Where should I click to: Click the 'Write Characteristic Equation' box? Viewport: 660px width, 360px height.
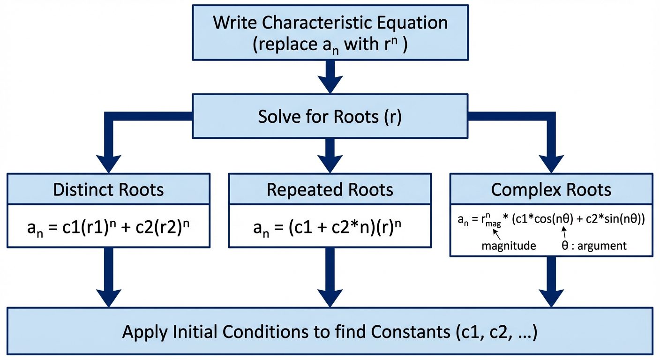pyautogui.click(x=330, y=33)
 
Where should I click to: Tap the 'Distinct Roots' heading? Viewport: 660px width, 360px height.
pyautogui.click(x=109, y=189)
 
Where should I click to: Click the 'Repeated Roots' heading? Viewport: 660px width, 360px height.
pyautogui.click(x=330, y=189)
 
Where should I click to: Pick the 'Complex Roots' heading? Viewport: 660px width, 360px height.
pyautogui.click(x=551, y=189)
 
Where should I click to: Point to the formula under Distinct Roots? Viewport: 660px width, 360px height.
pyautogui.click(x=109, y=228)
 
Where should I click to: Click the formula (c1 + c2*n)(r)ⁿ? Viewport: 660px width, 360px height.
pyautogui.click(x=330, y=228)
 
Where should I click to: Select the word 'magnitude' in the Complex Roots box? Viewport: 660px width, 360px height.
pyautogui.click(x=509, y=246)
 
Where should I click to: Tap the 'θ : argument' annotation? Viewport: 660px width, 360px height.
pyautogui.click(x=593, y=246)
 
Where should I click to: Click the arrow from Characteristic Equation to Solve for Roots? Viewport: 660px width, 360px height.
pyautogui.click(x=330, y=77)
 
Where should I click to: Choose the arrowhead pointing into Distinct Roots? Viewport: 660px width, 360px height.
pyautogui.click(x=109, y=162)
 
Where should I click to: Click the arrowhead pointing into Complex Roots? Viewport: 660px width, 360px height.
pyautogui.click(x=551, y=162)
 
